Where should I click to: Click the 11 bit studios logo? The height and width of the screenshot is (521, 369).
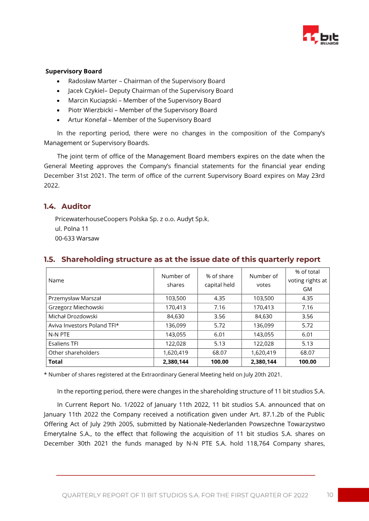tap(321, 35)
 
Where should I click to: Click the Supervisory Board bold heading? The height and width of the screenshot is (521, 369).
tap(74, 71)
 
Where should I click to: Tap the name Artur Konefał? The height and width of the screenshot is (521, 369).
tap(89, 120)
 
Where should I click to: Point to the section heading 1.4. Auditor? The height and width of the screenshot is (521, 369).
tap(67, 206)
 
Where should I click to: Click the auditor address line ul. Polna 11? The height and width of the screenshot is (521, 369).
tap(71, 228)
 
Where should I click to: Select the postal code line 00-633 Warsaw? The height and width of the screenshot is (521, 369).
tap(77, 238)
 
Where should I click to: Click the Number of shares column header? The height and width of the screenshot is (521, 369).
tap(175, 280)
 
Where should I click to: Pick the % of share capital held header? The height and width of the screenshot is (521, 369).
tap(220, 280)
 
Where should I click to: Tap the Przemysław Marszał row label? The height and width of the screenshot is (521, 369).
tap(75, 299)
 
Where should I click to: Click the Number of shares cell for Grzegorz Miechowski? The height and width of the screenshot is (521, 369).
tap(175, 307)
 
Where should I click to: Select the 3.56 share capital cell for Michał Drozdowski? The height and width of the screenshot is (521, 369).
tap(220, 316)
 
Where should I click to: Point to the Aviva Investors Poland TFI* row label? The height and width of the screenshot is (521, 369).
tap(83, 326)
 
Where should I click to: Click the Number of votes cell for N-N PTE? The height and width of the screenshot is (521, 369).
tap(263, 334)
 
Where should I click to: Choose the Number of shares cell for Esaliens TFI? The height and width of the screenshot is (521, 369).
tap(175, 344)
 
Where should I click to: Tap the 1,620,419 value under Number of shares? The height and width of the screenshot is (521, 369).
tap(175, 353)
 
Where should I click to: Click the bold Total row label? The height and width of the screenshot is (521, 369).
tap(55, 362)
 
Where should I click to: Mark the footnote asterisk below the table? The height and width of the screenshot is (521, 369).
tap(45, 374)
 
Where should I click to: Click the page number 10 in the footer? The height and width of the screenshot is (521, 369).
tap(330, 495)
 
